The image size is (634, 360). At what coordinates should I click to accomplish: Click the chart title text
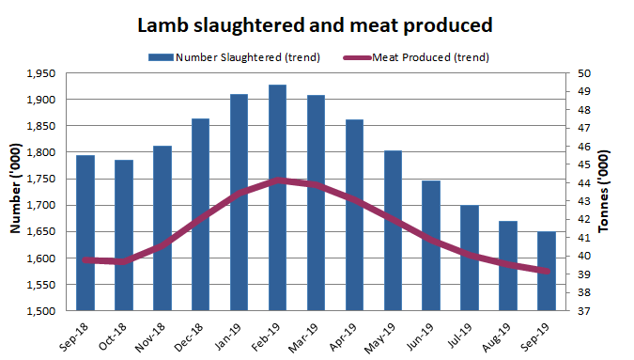pyautogui.click(x=316, y=23)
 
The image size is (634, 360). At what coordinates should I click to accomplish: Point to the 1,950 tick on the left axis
pyautogui.click(x=40, y=73)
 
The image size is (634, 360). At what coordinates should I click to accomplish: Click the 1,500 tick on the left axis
pyautogui.click(x=40, y=310)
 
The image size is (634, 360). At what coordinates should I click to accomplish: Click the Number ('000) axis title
pyautogui.click(x=15, y=192)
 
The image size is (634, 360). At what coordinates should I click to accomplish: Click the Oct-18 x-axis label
pyautogui.click(x=117, y=334)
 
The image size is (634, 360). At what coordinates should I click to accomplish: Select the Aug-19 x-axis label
pyautogui.click(x=503, y=334)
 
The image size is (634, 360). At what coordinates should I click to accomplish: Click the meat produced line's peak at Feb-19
pyautogui.click(x=277, y=180)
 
